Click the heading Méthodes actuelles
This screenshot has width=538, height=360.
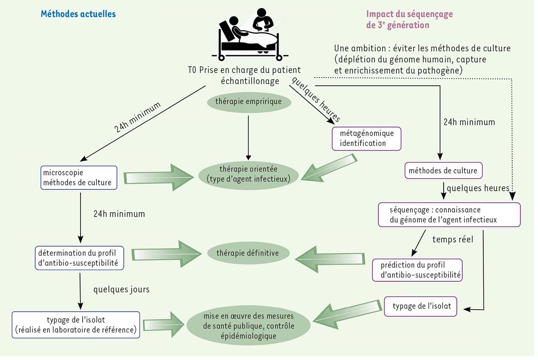click(78, 14)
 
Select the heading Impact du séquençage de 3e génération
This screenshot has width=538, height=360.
click(409, 19)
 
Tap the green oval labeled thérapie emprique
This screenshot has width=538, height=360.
click(249, 102)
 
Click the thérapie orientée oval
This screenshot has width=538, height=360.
click(248, 174)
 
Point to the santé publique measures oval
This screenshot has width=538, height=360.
click(249, 326)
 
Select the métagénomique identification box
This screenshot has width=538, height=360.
click(367, 138)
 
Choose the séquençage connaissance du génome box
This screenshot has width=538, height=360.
click(449, 214)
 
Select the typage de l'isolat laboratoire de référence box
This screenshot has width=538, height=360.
click(76, 325)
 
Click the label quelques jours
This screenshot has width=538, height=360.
click(121, 289)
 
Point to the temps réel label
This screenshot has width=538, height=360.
click(453, 239)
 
